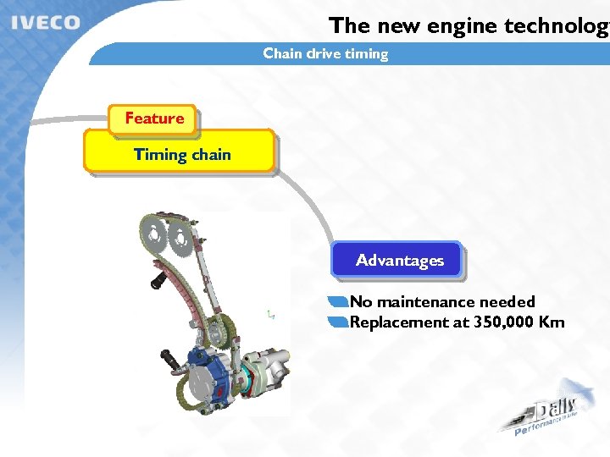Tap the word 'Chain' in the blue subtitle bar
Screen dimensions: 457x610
[282, 53]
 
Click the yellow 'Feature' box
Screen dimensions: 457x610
[153, 118]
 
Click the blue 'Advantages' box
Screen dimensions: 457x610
[399, 261]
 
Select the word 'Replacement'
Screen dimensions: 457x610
[397, 322]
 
